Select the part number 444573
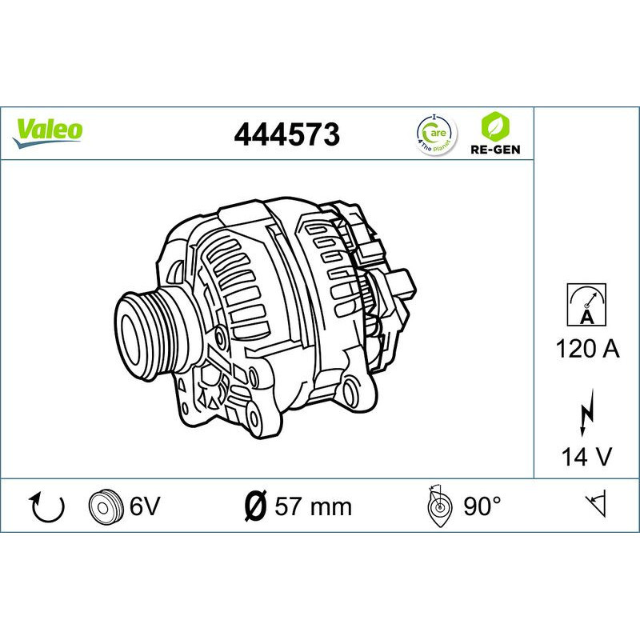pyautogui.click(x=287, y=134)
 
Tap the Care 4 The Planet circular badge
pyautogui.click(x=434, y=132)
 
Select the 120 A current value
pyautogui.click(x=586, y=350)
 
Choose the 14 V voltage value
pyautogui.click(x=586, y=457)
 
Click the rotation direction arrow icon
pyautogui.click(x=47, y=506)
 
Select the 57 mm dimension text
pyautogui.click(x=313, y=506)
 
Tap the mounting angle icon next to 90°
pyautogui.click(x=439, y=506)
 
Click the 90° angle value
pyautogui.click(x=482, y=506)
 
